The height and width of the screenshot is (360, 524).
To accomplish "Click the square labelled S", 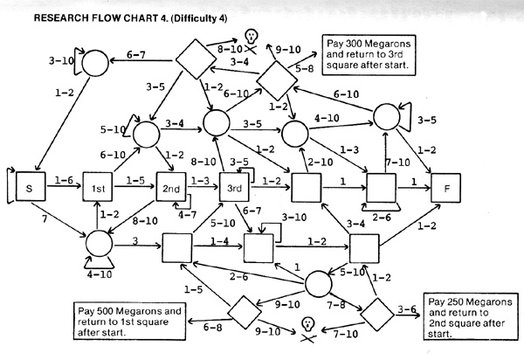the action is (x=31, y=186).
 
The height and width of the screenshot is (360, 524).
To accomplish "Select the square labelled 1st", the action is (x=98, y=187).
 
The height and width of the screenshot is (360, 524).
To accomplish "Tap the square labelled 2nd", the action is (x=171, y=187).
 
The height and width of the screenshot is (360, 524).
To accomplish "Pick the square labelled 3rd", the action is (x=234, y=187).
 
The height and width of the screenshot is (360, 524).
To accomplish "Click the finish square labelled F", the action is (x=445, y=188).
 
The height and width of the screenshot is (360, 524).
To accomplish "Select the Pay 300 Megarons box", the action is (x=369, y=55).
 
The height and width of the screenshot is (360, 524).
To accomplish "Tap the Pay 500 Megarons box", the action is (x=129, y=321).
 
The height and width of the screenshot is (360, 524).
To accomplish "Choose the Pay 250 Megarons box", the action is (x=471, y=316).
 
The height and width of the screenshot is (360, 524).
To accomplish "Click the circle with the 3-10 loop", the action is (x=95, y=63).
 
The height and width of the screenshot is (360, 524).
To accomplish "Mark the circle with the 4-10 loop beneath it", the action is (x=99, y=244).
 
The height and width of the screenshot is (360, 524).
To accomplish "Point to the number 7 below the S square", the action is (x=45, y=219).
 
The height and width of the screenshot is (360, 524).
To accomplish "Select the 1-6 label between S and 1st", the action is (x=64, y=180).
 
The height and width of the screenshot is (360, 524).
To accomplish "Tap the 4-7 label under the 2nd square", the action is (x=187, y=215).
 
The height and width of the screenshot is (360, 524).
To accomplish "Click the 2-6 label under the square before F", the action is (x=382, y=218).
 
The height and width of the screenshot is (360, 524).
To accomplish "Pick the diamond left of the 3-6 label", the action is (x=377, y=315).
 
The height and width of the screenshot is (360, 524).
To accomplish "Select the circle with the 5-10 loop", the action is (x=147, y=135).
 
